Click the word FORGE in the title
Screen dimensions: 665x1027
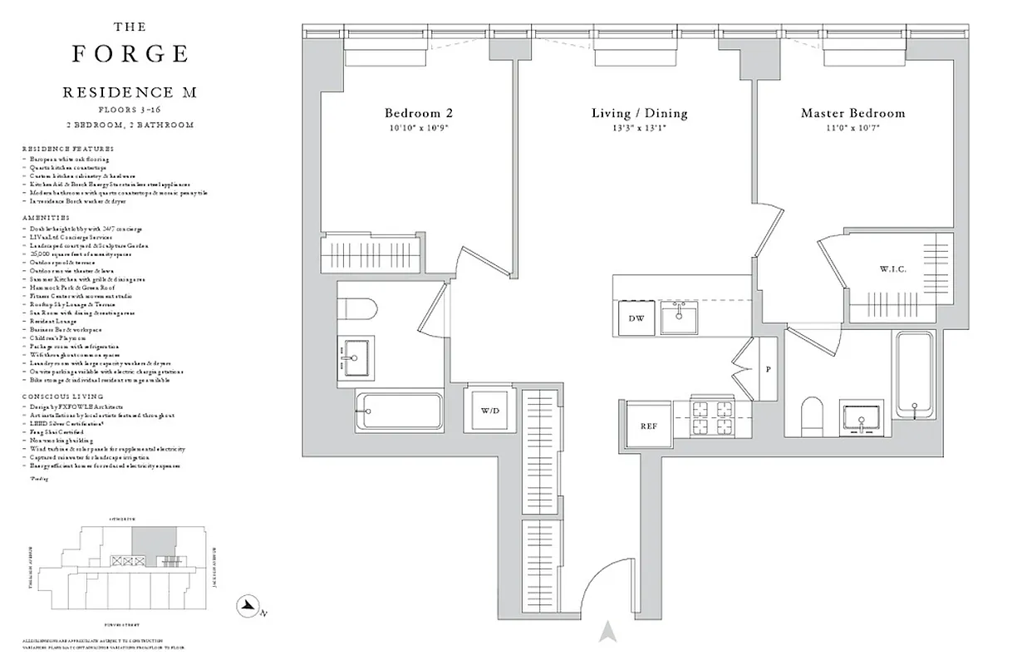[x=130, y=54]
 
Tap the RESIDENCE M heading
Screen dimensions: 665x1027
[x=130, y=92]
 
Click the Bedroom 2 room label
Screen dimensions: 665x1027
[x=418, y=113]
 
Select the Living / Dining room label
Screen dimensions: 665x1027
[x=639, y=113]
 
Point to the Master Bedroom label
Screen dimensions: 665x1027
[x=853, y=113]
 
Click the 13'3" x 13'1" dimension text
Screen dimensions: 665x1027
[x=639, y=128]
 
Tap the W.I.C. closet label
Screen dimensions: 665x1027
[x=894, y=269]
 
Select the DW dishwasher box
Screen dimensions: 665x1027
[x=636, y=318]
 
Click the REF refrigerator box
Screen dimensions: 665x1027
[x=648, y=426]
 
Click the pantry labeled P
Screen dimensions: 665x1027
[x=768, y=368]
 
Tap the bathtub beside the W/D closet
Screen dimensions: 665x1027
[x=399, y=411]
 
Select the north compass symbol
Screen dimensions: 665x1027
[x=247, y=607]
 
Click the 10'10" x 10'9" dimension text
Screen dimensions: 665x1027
[x=418, y=128]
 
